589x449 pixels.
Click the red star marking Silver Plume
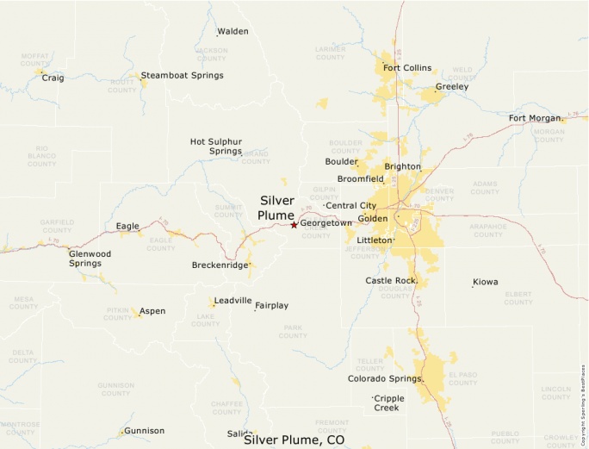(x=294, y=225)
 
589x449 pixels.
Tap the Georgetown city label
(x=325, y=223)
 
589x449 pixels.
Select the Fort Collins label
(x=407, y=68)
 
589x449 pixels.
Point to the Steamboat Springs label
(x=182, y=75)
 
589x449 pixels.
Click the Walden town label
(x=232, y=32)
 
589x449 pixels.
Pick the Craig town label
(x=53, y=78)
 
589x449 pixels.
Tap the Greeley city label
(x=452, y=87)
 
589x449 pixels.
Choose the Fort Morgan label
(x=535, y=118)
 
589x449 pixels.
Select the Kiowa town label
(x=485, y=282)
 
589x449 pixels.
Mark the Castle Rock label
(x=391, y=281)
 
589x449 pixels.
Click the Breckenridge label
(x=220, y=265)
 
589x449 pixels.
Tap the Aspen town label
(x=152, y=311)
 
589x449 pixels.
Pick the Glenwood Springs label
(x=90, y=259)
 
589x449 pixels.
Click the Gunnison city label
(x=144, y=431)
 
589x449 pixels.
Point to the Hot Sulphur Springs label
(x=216, y=147)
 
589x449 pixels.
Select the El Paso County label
(x=462, y=378)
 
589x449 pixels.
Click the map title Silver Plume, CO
(x=294, y=440)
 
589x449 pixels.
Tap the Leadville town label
(x=233, y=301)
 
